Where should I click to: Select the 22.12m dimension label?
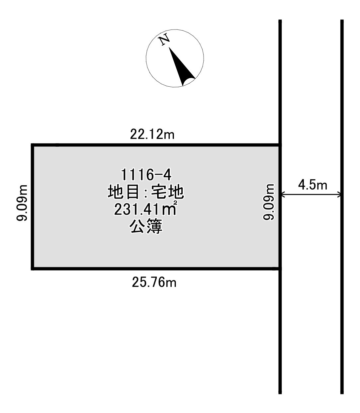point(152,134)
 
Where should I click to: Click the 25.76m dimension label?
point(154,282)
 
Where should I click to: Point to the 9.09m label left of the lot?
point(22,203)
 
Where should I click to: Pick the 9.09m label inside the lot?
point(269,202)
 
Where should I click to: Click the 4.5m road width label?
point(313,185)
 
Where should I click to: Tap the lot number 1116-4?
point(146,175)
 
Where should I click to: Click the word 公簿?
point(146,226)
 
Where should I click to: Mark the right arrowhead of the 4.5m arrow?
point(339,195)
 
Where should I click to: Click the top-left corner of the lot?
point(32,145)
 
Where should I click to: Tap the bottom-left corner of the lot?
point(32,269)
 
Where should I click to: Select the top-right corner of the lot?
point(280,145)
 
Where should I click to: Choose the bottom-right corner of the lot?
point(280,269)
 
